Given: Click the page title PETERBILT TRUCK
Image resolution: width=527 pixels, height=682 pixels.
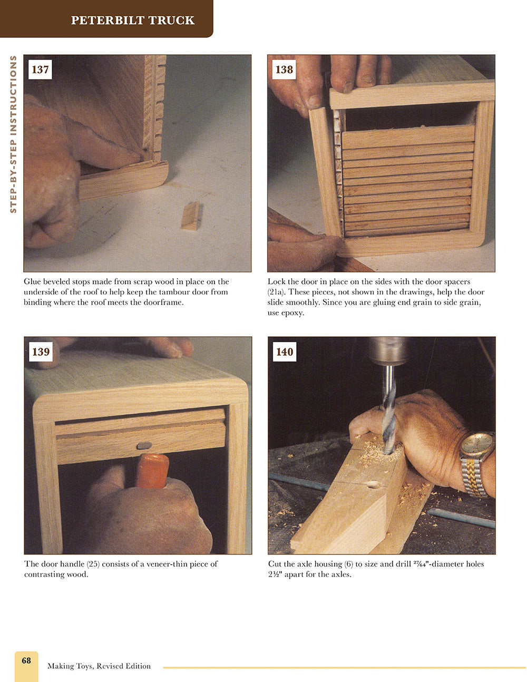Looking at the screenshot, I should coord(133,21).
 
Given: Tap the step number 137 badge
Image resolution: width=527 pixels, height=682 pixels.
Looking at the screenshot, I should coord(40,70).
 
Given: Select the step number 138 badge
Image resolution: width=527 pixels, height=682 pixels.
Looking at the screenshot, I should coord(284,70).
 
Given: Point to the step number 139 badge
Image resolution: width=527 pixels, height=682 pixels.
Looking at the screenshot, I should coord(41,352).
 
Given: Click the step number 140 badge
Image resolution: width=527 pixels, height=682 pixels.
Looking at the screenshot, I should coord(285,352).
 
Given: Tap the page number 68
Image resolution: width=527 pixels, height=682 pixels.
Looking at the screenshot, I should coord(26,660).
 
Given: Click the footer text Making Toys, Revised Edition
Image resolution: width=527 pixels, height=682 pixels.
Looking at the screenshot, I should coord(99,666).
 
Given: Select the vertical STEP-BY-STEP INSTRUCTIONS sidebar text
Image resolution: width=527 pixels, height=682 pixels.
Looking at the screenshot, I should coord(14,134).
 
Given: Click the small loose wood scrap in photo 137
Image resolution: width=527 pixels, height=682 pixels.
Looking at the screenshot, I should coord(191,216).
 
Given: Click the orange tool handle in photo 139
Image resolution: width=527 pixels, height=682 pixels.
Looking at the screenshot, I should coord(152,470).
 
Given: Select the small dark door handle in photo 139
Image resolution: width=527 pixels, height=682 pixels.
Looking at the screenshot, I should coord(144,445).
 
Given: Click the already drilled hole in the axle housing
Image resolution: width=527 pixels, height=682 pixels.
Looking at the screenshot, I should coord(375,484).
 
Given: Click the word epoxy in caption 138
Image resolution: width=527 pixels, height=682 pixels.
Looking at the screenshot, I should coord(292,313).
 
